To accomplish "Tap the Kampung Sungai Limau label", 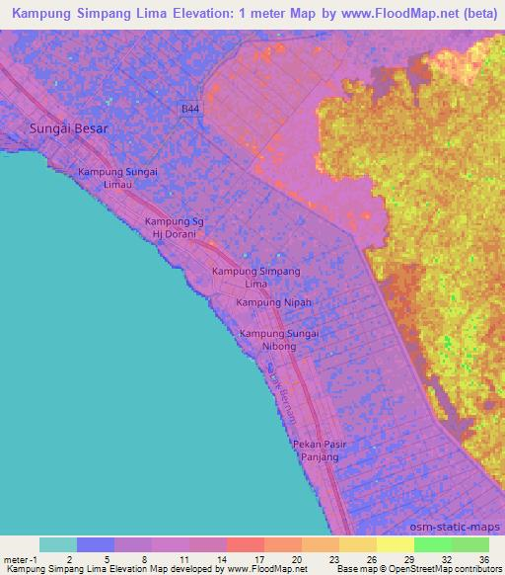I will coord(118,179).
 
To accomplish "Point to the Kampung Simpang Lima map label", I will coord(256,277).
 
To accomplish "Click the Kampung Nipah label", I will coord(274,301).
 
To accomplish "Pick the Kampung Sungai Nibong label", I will coord(279,340).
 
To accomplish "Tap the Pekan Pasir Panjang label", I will coord(317,451).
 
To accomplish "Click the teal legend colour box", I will coord(58,544).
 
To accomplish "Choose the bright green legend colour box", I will coord(432,544).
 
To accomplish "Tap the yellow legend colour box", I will coord(395,544).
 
